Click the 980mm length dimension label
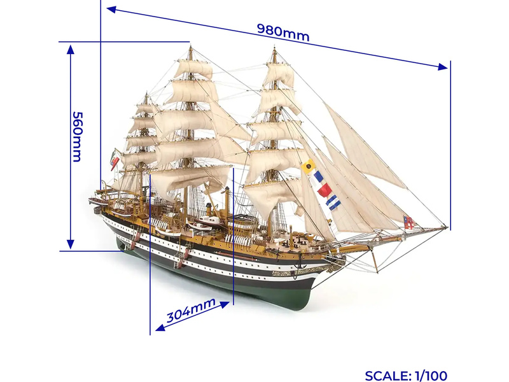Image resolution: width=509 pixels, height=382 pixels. pyautogui.click(x=283, y=32)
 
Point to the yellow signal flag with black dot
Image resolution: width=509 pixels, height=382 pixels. pyautogui.click(x=309, y=167)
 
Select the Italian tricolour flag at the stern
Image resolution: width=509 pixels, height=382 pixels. pyautogui.click(x=115, y=159)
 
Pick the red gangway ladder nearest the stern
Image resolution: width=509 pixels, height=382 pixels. pyautogui.click(x=134, y=238)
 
